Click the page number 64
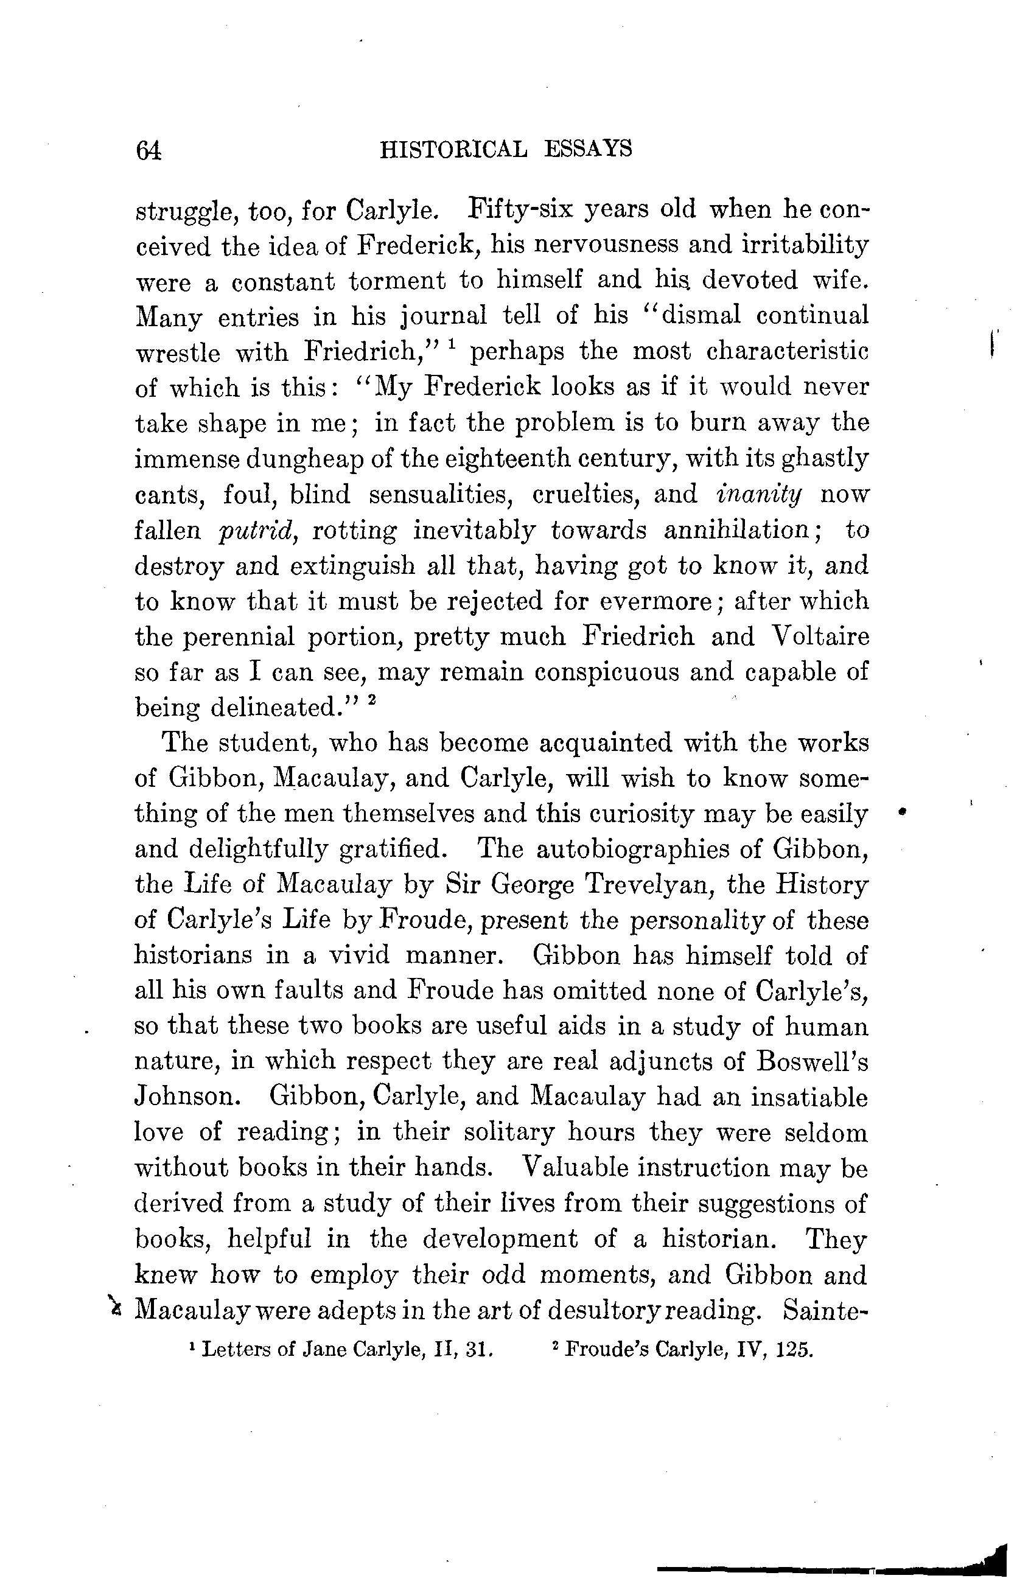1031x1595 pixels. [x=148, y=150]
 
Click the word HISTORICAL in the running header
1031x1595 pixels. [x=453, y=148]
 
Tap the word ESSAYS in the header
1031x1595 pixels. [x=589, y=148]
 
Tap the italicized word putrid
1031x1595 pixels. [x=256, y=530]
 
